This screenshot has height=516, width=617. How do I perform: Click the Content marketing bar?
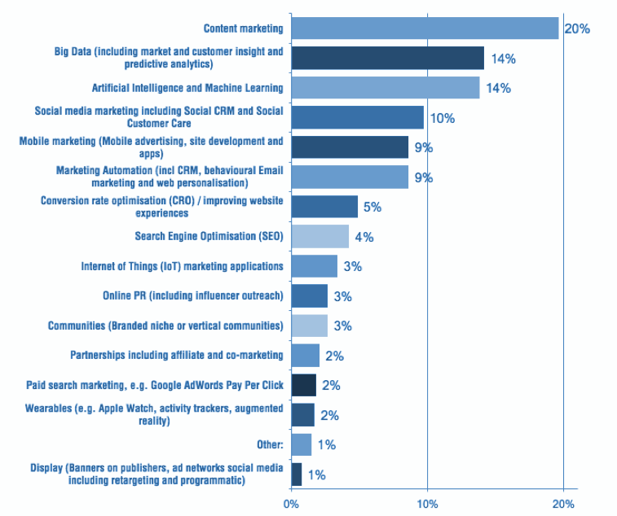tap(425, 28)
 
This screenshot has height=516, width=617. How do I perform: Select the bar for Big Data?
tap(387, 58)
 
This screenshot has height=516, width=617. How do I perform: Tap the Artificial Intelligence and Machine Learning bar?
tap(385, 88)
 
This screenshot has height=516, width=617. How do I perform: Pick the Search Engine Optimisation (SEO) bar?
tap(320, 236)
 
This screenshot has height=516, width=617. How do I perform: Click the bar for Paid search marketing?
tap(303, 385)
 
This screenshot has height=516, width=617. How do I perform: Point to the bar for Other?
tap(301, 444)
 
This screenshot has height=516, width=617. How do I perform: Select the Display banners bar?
tap(296, 474)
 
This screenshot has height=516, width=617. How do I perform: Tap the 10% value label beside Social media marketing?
tap(442, 118)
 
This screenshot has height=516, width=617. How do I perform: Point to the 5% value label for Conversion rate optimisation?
tap(372, 207)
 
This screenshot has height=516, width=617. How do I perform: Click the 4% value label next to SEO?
tap(364, 237)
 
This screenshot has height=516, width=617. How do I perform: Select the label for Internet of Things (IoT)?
tap(182, 266)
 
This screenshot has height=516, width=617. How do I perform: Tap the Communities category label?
tap(165, 326)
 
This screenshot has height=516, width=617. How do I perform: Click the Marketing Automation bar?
tap(349, 177)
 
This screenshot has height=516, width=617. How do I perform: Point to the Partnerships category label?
tap(177, 355)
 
